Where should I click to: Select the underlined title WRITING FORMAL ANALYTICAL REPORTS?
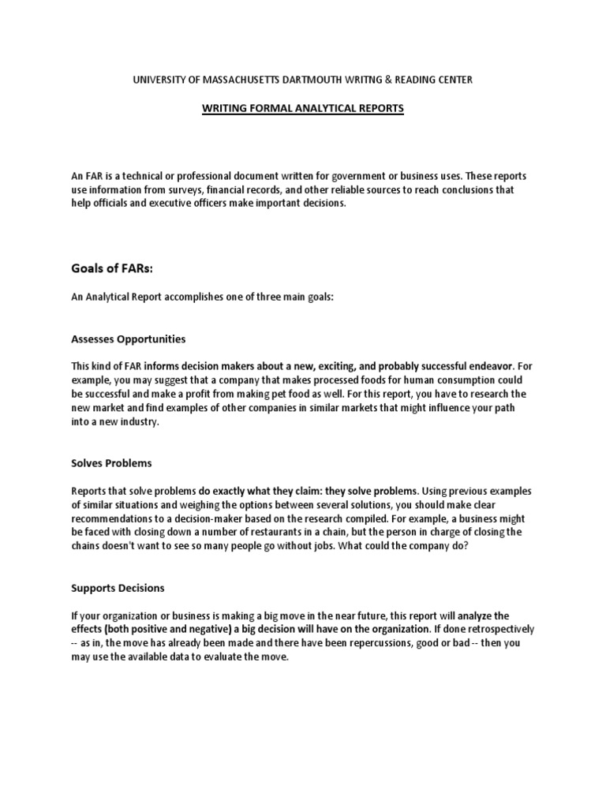pyautogui.click(x=302, y=108)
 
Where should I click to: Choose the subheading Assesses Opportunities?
pyautogui.click(x=129, y=339)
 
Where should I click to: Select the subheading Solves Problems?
pyautogui.click(x=111, y=463)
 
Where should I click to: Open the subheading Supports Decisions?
pyautogui.click(x=118, y=588)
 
